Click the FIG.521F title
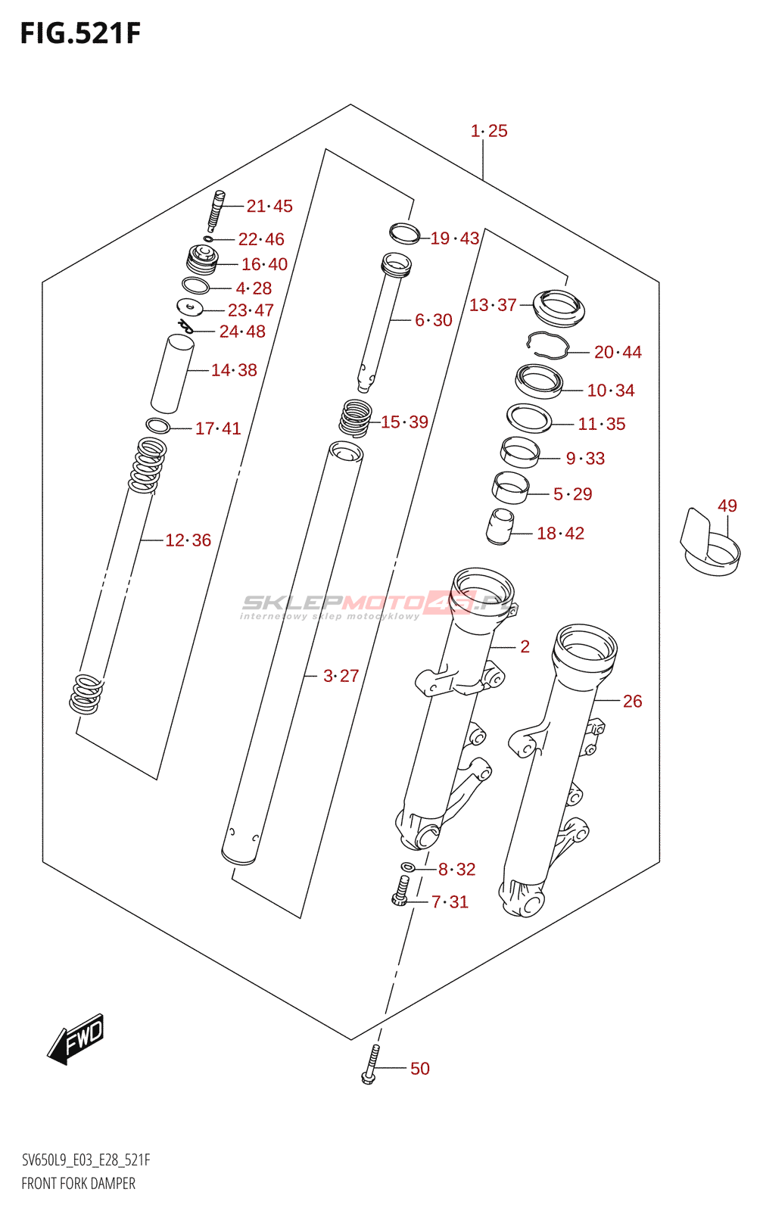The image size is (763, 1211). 80,34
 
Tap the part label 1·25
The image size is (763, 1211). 489,131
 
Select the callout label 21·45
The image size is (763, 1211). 269,206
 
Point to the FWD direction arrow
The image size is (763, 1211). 76,1038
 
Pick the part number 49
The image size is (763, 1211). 727,506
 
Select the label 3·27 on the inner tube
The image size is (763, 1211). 341,676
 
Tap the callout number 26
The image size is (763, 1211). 632,702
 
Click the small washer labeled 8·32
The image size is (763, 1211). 407,867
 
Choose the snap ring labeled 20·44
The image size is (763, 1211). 548,344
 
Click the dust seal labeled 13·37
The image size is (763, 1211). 559,308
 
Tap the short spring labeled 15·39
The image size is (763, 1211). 354,418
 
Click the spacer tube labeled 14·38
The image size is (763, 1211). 172,374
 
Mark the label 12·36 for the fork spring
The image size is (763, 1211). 188,540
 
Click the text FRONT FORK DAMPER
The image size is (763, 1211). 79,1184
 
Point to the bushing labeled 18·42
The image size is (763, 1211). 499,526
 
